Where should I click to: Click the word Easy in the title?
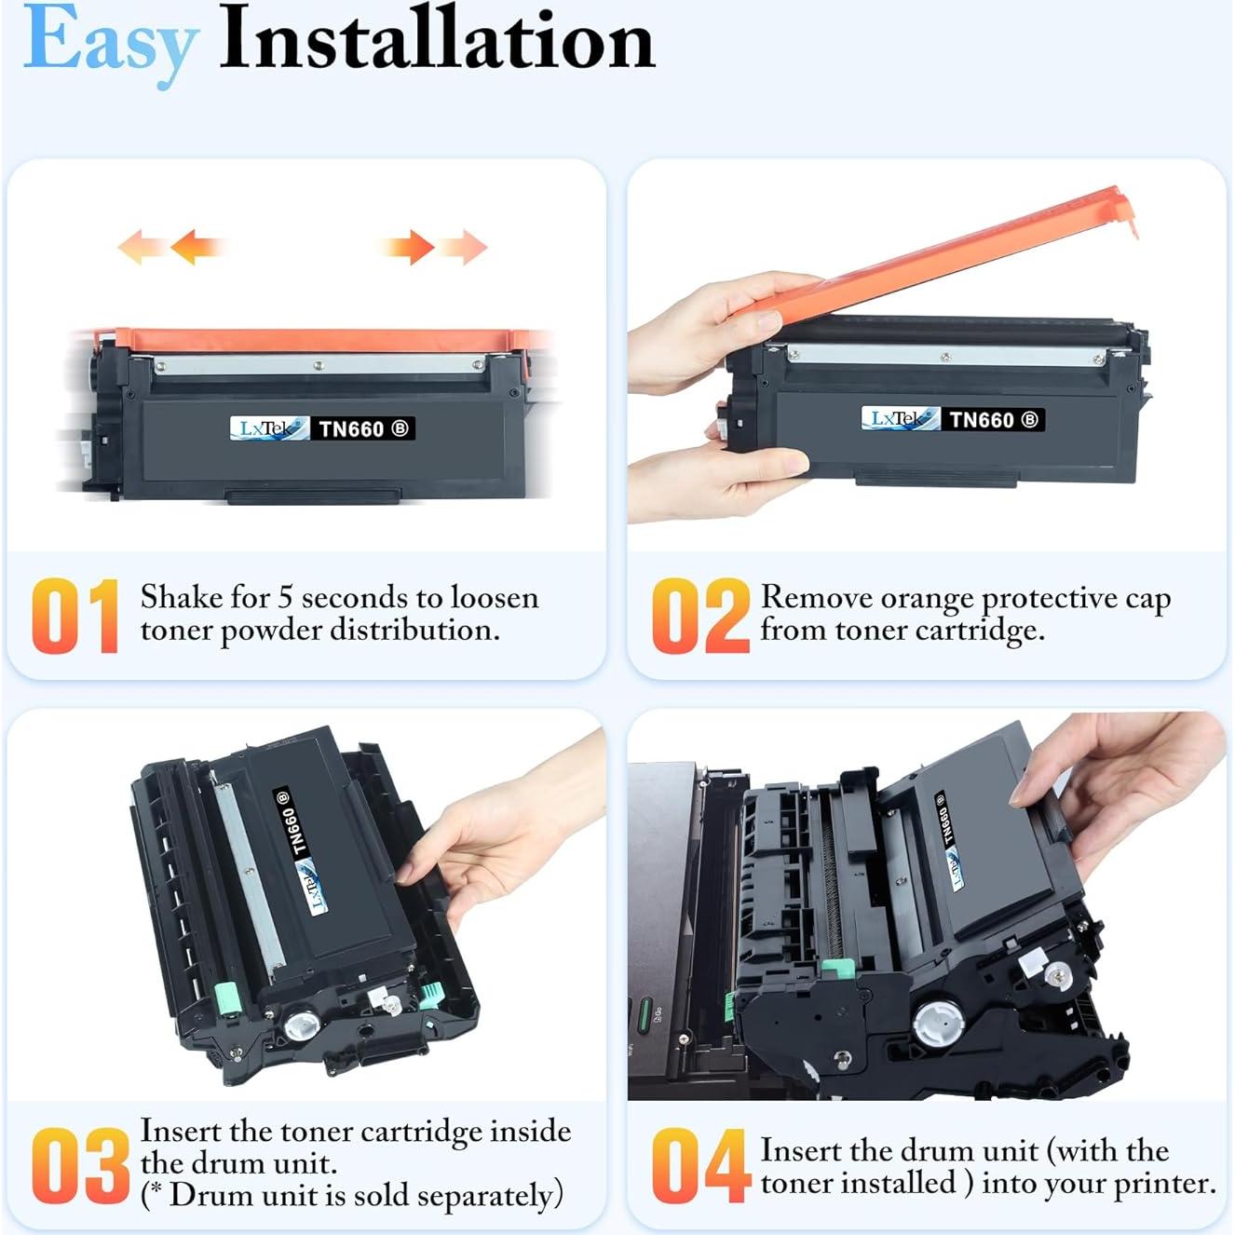pyautogui.click(x=110, y=42)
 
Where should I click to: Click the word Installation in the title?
pyautogui.click(x=436, y=40)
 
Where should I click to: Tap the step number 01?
pyautogui.click(x=75, y=616)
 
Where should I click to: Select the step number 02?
pyautogui.click(x=699, y=616)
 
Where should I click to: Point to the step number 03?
pyautogui.click(x=79, y=1165)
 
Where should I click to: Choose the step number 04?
pyautogui.click(x=699, y=1165)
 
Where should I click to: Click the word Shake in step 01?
pyautogui.click(x=183, y=597)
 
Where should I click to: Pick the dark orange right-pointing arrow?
pyautogui.click(x=410, y=247)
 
